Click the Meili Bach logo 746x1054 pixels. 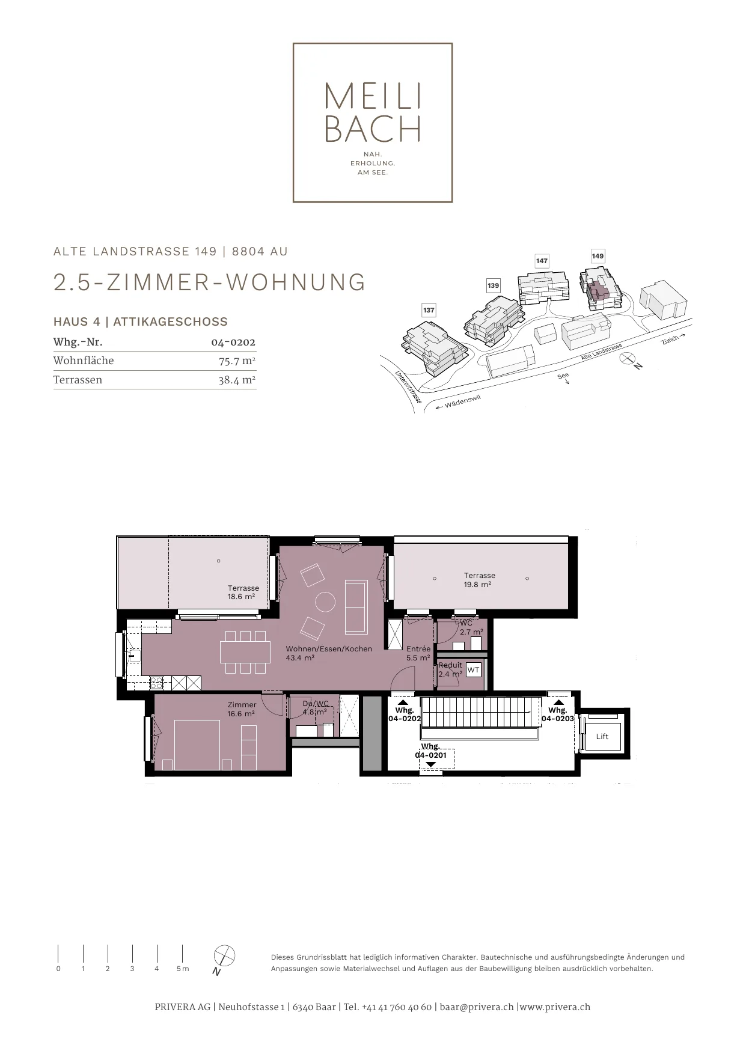tap(373, 123)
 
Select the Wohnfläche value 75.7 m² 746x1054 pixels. tap(237, 361)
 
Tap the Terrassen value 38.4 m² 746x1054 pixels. tap(237, 380)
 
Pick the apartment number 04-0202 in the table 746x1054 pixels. tap(233, 343)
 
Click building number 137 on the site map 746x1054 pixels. tap(429, 310)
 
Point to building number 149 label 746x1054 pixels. tap(598, 256)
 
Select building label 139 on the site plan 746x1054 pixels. tap(494, 285)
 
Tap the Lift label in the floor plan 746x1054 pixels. tap(602, 737)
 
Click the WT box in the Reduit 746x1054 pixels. tap(474, 669)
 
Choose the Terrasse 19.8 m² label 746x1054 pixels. tap(480, 580)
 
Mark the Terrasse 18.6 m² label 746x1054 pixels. tap(243, 592)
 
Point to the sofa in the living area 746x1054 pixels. tap(356, 607)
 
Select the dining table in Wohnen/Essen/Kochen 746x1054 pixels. tap(244, 652)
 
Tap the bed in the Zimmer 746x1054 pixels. tap(197, 745)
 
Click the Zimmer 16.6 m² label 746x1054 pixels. tap(242, 709)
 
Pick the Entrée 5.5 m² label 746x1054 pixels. tap(418, 653)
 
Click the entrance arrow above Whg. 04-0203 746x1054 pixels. tap(558, 701)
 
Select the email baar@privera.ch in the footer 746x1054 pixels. tap(477, 1007)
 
